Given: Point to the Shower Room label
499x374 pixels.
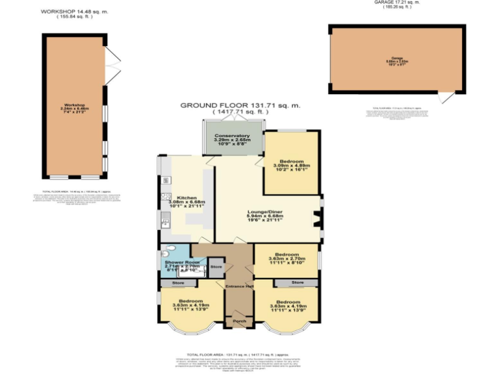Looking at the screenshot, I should pyautogui.click(x=173, y=262).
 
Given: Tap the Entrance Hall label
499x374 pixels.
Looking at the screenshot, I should pyautogui.click(x=239, y=286).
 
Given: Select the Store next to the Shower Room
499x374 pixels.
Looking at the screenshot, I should pyautogui.click(x=215, y=266).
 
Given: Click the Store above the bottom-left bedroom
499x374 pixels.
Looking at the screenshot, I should pyautogui.click(x=178, y=283).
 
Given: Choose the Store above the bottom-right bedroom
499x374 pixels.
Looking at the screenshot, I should pyautogui.click(x=297, y=283).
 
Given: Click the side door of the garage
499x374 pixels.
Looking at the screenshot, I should pyautogui.click(x=446, y=97).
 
